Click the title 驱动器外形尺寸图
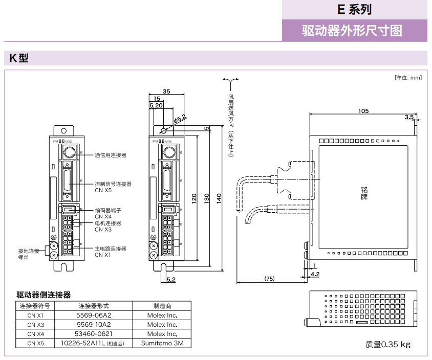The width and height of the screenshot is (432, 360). click(x=352, y=31)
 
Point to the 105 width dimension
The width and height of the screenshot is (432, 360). click(x=363, y=111)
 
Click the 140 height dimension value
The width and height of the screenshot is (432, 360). click(x=219, y=197)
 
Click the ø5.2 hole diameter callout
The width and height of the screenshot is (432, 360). click(x=180, y=119)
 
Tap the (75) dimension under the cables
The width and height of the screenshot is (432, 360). click(x=269, y=279)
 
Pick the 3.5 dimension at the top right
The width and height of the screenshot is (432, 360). click(x=409, y=117)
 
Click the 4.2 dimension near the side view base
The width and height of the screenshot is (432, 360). click(x=315, y=275)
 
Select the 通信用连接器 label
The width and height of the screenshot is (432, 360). click(x=111, y=155)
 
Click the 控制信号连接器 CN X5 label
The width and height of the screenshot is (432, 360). click(x=113, y=187)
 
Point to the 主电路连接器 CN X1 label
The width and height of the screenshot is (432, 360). click(x=111, y=252)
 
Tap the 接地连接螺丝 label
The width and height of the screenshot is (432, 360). click(x=28, y=254)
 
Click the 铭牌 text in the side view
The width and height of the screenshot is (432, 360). click(x=364, y=193)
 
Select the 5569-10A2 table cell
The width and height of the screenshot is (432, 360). click(x=94, y=324)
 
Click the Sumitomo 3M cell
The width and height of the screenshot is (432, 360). click(x=162, y=343)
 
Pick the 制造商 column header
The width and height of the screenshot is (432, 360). click(x=162, y=306)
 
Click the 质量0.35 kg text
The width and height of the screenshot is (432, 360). click(x=388, y=344)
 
